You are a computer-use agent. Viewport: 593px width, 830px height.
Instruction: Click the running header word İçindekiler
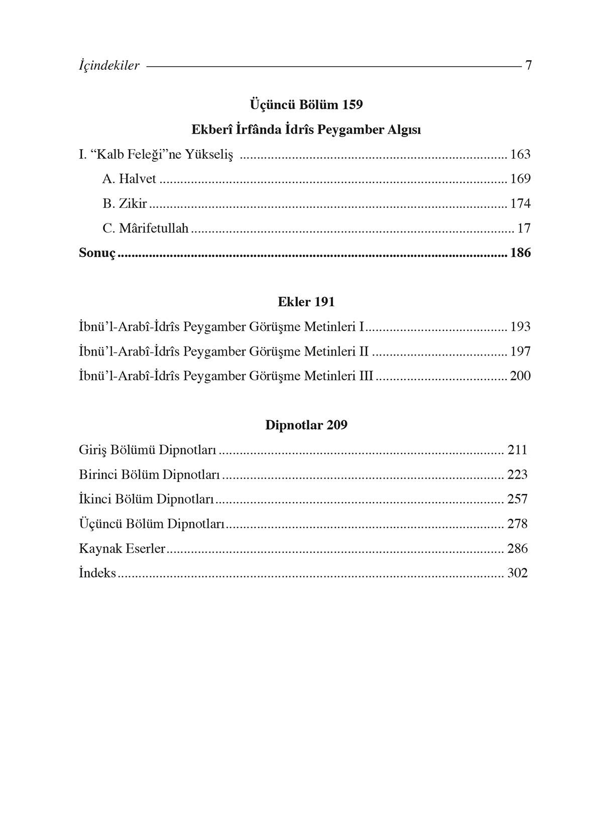[109, 65]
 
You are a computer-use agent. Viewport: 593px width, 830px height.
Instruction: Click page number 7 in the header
[528, 65]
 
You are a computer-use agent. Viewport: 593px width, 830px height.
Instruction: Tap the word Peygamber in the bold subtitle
[351, 130]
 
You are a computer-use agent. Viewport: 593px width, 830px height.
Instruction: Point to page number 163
[520, 154]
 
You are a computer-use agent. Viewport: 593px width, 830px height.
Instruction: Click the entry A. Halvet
[129, 179]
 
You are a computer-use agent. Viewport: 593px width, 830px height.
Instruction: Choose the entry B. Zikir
[125, 203]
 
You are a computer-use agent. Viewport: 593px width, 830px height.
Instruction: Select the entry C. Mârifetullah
[145, 228]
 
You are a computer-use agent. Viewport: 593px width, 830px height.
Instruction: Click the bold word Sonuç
[97, 253]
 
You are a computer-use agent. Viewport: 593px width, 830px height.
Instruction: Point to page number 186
[520, 253]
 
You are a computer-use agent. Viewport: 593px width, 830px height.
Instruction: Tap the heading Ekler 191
[306, 302]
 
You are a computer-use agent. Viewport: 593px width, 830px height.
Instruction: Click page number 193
[520, 327]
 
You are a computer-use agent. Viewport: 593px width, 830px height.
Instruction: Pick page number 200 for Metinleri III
[520, 376]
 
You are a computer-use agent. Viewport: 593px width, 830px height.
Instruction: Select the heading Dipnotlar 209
[306, 425]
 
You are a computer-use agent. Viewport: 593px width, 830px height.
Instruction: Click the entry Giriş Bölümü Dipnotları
[148, 449]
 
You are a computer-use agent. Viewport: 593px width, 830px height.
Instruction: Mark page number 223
[517, 475]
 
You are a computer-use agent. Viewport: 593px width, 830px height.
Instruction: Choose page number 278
[517, 524]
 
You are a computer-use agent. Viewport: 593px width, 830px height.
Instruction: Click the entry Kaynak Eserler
[122, 548]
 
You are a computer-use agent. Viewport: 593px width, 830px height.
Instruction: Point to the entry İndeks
[97, 573]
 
